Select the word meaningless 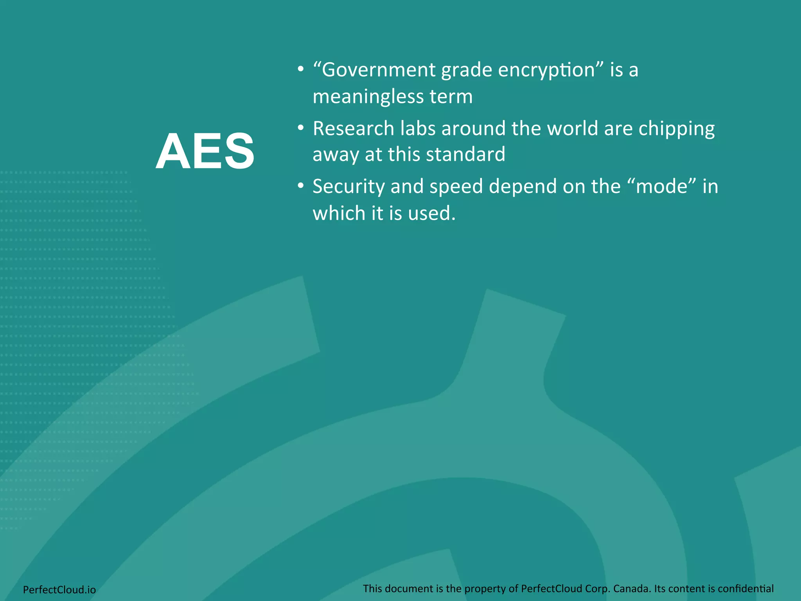point(368,97)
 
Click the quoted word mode point(662,187)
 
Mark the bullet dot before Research point(300,128)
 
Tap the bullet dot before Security point(300,186)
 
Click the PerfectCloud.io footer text point(59,589)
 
